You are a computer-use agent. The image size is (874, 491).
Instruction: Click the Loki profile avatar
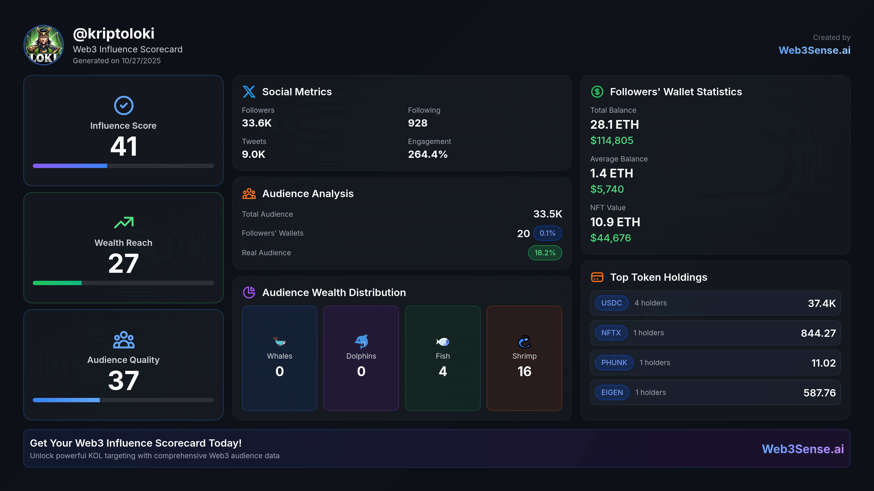(x=43, y=45)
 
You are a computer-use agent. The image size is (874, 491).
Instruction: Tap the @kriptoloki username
(x=114, y=33)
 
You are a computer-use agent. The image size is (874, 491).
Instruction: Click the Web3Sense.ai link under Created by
(x=814, y=50)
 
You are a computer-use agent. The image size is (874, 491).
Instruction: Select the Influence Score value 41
(x=124, y=146)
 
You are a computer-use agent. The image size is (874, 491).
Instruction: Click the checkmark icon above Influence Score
(x=124, y=105)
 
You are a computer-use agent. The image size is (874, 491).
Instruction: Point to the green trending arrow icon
(x=124, y=222)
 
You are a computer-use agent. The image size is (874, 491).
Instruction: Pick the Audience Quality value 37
(x=124, y=380)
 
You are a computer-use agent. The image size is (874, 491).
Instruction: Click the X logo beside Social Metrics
(x=249, y=91)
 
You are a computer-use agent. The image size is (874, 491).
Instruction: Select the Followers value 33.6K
(x=257, y=123)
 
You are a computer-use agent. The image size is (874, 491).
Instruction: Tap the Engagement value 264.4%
(x=428, y=154)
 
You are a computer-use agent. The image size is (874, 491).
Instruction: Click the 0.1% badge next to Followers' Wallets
(x=547, y=233)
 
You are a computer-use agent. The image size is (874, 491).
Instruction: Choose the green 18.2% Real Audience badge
(x=545, y=253)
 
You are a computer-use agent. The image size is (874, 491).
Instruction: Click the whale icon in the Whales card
(x=280, y=342)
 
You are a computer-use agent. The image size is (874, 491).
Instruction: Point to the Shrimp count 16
(x=524, y=371)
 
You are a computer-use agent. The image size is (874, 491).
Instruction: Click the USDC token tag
(x=611, y=303)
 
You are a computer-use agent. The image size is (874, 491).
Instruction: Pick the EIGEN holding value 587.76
(x=819, y=393)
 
